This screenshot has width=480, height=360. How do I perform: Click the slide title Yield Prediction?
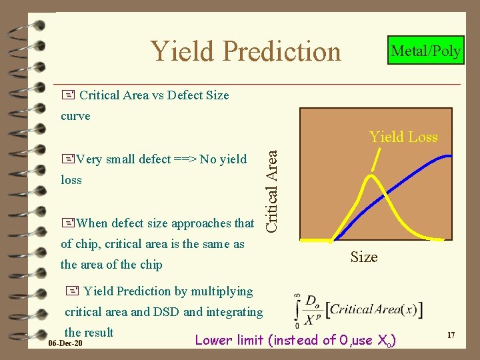click(245, 51)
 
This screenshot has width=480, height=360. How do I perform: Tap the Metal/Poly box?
click(426, 51)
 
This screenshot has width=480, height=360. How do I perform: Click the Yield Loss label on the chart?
click(403, 137)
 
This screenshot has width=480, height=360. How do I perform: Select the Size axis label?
click(364, 257)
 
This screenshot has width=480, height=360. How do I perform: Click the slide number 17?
click(451, 335)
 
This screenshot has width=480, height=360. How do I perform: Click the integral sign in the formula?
click(297, 310)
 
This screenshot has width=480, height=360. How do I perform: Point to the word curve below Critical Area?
click(75, 116)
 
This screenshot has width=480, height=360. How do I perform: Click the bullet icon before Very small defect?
click(67, 159)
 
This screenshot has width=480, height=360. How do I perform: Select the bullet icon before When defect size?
click(67, 223)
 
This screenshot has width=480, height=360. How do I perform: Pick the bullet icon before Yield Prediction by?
click(72, 291)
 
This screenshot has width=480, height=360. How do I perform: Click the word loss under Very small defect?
click(71, 180)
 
